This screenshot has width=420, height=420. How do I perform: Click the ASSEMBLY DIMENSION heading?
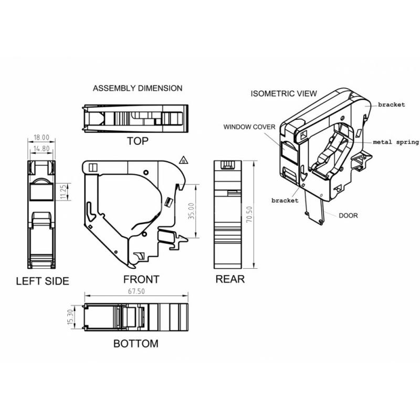(138, 88)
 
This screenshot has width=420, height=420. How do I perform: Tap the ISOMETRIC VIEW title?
(283, 93)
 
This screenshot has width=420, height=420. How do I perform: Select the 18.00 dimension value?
(41, 138)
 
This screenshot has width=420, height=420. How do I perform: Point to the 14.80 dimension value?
(41, 149)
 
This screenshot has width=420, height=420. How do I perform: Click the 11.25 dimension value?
(64, 192)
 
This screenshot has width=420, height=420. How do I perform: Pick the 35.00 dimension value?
(191, 211)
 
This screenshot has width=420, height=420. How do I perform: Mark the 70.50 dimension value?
(249, 214)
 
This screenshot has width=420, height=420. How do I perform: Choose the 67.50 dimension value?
(136, 291)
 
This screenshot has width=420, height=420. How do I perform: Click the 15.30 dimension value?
(70, 317)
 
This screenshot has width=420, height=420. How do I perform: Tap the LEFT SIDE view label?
(43, 281)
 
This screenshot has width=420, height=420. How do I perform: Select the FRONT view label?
(141, 279)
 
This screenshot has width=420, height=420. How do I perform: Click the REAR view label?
(230, 279)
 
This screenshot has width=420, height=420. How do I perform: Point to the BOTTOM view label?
(136, 344)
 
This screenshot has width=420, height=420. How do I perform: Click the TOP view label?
(138, 141)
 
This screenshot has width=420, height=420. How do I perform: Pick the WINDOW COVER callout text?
(249, 127)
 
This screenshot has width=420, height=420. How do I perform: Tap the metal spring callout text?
(396, 142)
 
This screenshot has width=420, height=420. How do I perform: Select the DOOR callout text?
(348, 216)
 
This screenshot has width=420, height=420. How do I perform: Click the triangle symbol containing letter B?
(183, 160)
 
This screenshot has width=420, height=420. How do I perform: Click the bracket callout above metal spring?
(391, 104)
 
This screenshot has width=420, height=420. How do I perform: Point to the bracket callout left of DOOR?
(285, 201)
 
